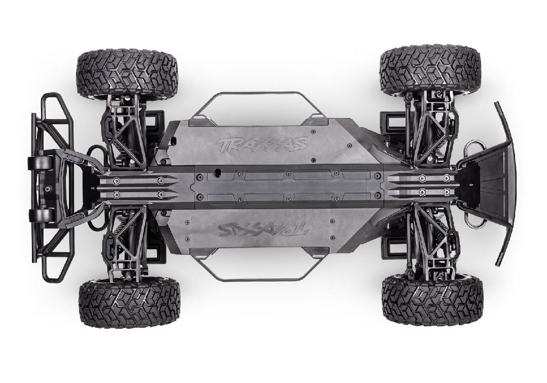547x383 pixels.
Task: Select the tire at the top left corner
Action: (127, 72)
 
